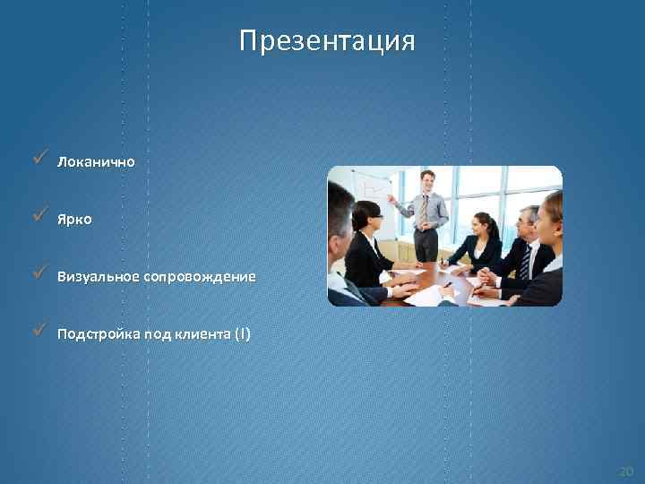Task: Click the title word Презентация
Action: click(x=327, y=42)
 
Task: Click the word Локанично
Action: click(x=96, y=162)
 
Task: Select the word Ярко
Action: click(x=74, y=219)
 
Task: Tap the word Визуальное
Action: click(x=96, y=277)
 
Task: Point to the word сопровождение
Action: click(x=197, y=277)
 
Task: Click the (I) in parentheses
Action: click(x=243, y=334)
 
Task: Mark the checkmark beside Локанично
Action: click(x=37, y=159)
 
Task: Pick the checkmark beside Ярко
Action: click(x=37, y=215)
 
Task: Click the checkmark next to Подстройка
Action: click(x=37, y=331)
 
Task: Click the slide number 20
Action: click(x=624, y=471)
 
